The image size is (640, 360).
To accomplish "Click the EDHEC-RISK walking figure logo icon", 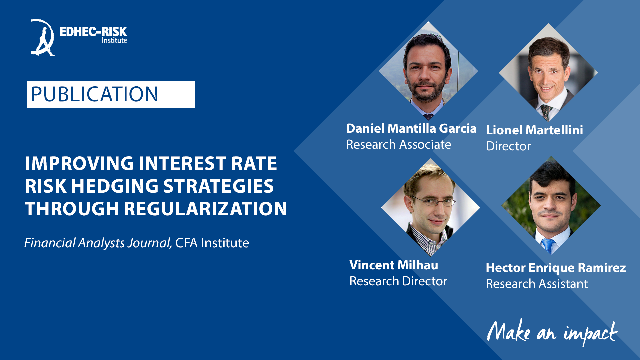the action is [43, 37].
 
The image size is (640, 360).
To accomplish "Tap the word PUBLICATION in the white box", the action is [95, 94].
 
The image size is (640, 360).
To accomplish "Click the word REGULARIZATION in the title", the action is [205, 209].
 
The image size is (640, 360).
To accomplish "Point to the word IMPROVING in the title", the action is [79, 163].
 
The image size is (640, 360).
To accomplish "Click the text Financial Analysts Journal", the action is [98, 243].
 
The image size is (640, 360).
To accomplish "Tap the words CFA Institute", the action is [212, 243].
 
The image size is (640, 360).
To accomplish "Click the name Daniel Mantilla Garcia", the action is [411, 128].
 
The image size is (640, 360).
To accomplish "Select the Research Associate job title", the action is [399, 144].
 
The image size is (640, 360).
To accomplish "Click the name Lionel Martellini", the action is [535, 130].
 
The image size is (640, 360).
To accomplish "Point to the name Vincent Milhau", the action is [394, 265].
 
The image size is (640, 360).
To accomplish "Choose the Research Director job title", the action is [398, 281].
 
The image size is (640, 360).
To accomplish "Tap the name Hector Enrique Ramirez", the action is [556, 268].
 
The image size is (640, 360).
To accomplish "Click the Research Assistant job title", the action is [537, 284].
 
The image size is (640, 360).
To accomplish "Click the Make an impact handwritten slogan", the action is [552, 333].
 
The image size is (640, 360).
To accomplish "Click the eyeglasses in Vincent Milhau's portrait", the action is [433, 201].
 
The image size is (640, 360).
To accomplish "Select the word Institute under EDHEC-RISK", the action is [114, 40].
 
